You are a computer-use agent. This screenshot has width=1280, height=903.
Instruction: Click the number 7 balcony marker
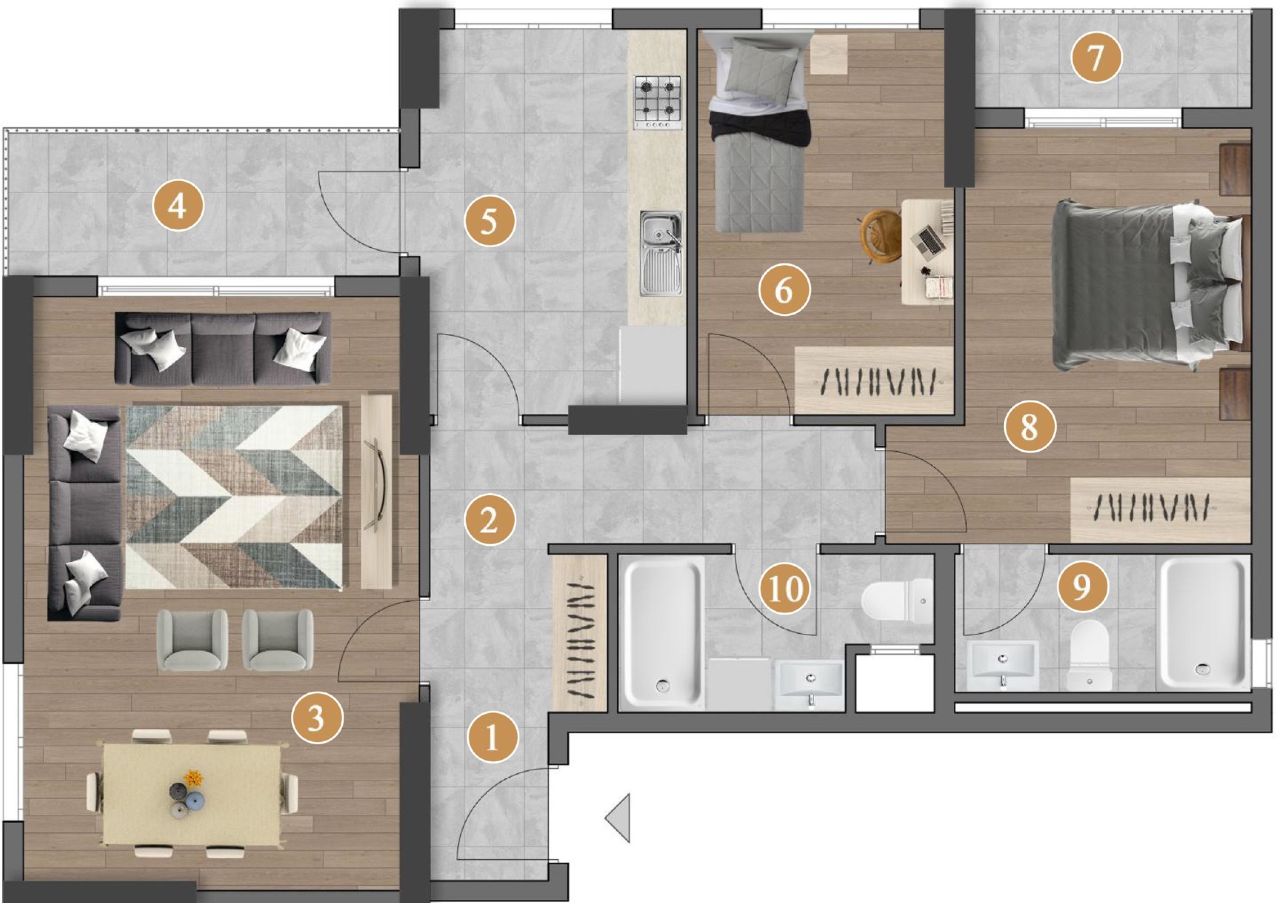coord(1096,57)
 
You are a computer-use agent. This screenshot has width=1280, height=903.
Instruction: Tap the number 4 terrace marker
coord(177,205)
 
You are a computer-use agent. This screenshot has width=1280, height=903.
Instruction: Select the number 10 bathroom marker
coord(785,588)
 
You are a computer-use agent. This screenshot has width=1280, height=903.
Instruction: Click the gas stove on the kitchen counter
coord(657,102)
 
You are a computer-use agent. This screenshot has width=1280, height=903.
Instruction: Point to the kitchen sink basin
coord(661,253)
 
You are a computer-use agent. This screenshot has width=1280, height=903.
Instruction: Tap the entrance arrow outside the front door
coord(618,818)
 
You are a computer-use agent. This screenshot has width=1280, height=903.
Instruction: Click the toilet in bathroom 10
coord(897,601)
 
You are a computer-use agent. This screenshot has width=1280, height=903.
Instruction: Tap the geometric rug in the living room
coord(234,497)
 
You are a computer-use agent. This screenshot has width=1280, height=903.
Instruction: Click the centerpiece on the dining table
coord(187,794)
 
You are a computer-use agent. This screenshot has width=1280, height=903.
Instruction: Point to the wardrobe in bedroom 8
coord(1160,509)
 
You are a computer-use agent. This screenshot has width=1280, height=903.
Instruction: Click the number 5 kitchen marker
coord(489,221)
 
